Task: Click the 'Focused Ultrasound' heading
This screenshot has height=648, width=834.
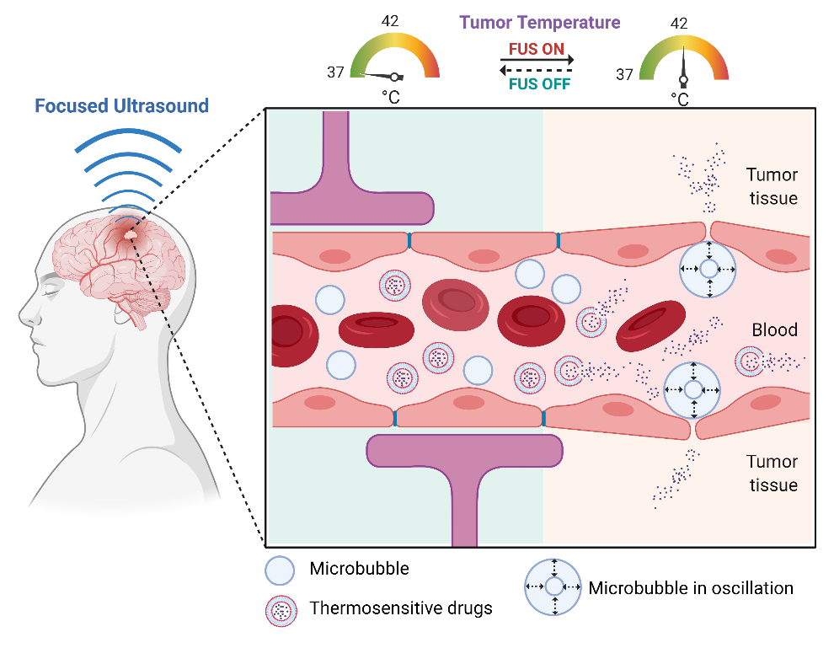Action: click(121, 107)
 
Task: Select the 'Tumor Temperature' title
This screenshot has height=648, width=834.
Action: click(540, 23)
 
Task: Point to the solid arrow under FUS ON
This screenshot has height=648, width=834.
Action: click(537, 61)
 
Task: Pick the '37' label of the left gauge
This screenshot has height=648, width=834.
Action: click(335, 72)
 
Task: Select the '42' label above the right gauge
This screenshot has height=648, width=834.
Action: click(680, 23)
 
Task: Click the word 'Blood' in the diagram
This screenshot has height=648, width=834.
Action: click(774, 329)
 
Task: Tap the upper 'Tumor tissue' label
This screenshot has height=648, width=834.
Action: click(772, 186)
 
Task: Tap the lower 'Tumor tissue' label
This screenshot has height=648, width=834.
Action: click(772, 473)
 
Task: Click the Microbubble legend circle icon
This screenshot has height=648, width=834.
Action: click(280, 570)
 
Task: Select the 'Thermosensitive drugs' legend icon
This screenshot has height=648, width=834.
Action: click(280, 609)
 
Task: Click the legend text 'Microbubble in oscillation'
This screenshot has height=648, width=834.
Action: click(691, 587)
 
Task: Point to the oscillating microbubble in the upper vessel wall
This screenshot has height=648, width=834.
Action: click(708, 269)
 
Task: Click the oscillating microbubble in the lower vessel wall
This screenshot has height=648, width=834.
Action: click(692, 390)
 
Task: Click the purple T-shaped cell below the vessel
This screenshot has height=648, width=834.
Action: click(464, 472)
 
